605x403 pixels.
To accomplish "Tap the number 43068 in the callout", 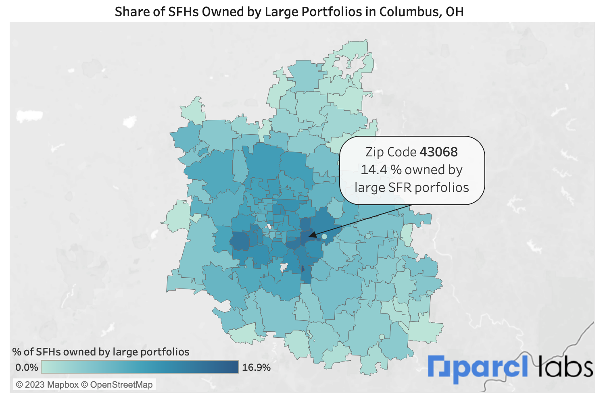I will tap(438, 152).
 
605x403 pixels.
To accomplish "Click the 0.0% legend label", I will tap(27, 368).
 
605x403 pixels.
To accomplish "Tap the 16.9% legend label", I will tap(256, 368).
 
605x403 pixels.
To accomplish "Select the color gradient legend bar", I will tap(140, 367).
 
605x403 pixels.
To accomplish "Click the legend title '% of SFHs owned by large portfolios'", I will tap(101, 352).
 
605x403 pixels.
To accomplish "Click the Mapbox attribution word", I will tap(63, 385).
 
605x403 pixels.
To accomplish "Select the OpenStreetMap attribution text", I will tap(121, 385).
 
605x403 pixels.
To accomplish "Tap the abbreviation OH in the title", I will tap(455, 12).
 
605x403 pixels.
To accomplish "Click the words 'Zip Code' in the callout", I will tap(390, 152).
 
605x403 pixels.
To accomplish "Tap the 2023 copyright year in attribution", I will tap(35, 385).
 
